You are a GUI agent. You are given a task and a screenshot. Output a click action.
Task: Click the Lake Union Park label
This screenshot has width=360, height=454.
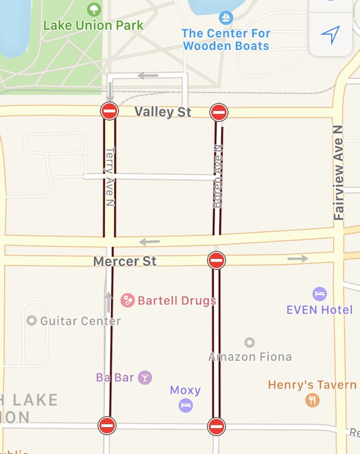coord(94,25)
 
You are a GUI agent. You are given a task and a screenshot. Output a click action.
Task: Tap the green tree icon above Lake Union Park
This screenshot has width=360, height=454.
coord(94,9)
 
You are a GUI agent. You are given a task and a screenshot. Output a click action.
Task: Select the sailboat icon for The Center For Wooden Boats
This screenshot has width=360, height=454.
coord(226,18)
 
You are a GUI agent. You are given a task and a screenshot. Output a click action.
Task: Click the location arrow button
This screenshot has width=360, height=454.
coord(330,35)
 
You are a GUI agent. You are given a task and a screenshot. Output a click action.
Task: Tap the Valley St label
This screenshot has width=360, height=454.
coord(163,112)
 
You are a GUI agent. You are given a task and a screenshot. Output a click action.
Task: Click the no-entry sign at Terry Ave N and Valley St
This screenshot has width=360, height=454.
coord(109,111)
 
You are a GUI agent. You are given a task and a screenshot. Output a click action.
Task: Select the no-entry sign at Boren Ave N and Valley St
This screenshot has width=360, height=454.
coord(219,112)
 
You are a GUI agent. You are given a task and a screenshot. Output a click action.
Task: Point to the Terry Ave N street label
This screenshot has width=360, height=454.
coord(110,177)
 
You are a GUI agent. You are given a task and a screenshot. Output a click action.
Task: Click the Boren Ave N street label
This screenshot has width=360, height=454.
coord(217,177)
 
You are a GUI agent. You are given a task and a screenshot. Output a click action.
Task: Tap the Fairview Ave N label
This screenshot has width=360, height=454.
coord(339,173)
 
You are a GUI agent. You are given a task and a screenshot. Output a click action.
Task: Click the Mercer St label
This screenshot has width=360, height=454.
coord(125,261)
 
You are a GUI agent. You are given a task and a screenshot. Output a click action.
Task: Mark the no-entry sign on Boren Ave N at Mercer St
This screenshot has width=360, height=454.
coord(216,260)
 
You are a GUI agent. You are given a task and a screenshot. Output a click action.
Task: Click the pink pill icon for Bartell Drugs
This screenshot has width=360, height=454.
coord(128,300)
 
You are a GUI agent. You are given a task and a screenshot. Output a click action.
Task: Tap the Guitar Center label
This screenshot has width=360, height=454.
coord(80,320)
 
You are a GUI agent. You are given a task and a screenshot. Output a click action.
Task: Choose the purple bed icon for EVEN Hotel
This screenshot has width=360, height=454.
coord(320,294)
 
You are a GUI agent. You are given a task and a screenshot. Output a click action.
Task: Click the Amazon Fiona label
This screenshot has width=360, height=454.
coord(250,356)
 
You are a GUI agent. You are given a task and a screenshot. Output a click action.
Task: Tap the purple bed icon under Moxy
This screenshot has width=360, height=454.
coord(186,405)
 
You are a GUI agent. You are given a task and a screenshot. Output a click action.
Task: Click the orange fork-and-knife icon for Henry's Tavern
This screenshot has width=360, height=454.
coord(312,400)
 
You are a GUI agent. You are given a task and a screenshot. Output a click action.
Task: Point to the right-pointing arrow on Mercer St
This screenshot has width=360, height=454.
coord(298,259)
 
